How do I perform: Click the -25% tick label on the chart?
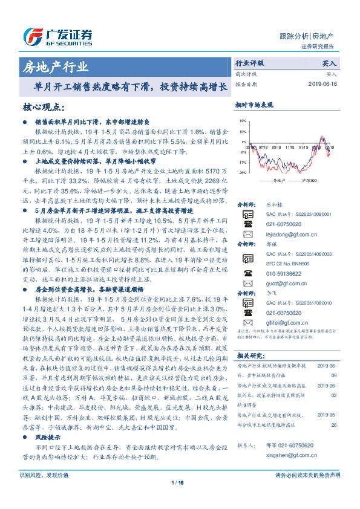click(242, 172)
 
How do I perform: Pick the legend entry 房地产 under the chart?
click(278, 180)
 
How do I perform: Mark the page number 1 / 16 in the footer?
click(180, 499)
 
